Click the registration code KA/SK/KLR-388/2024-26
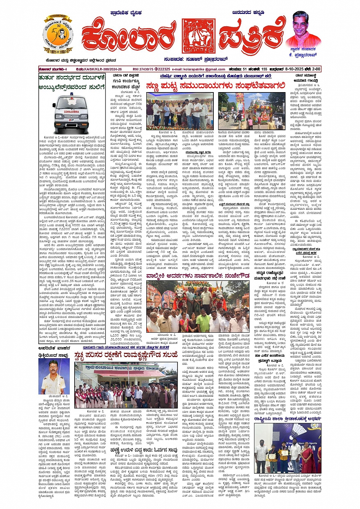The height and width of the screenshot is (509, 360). point(99,69)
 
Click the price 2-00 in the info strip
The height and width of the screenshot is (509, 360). point(316,69)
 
